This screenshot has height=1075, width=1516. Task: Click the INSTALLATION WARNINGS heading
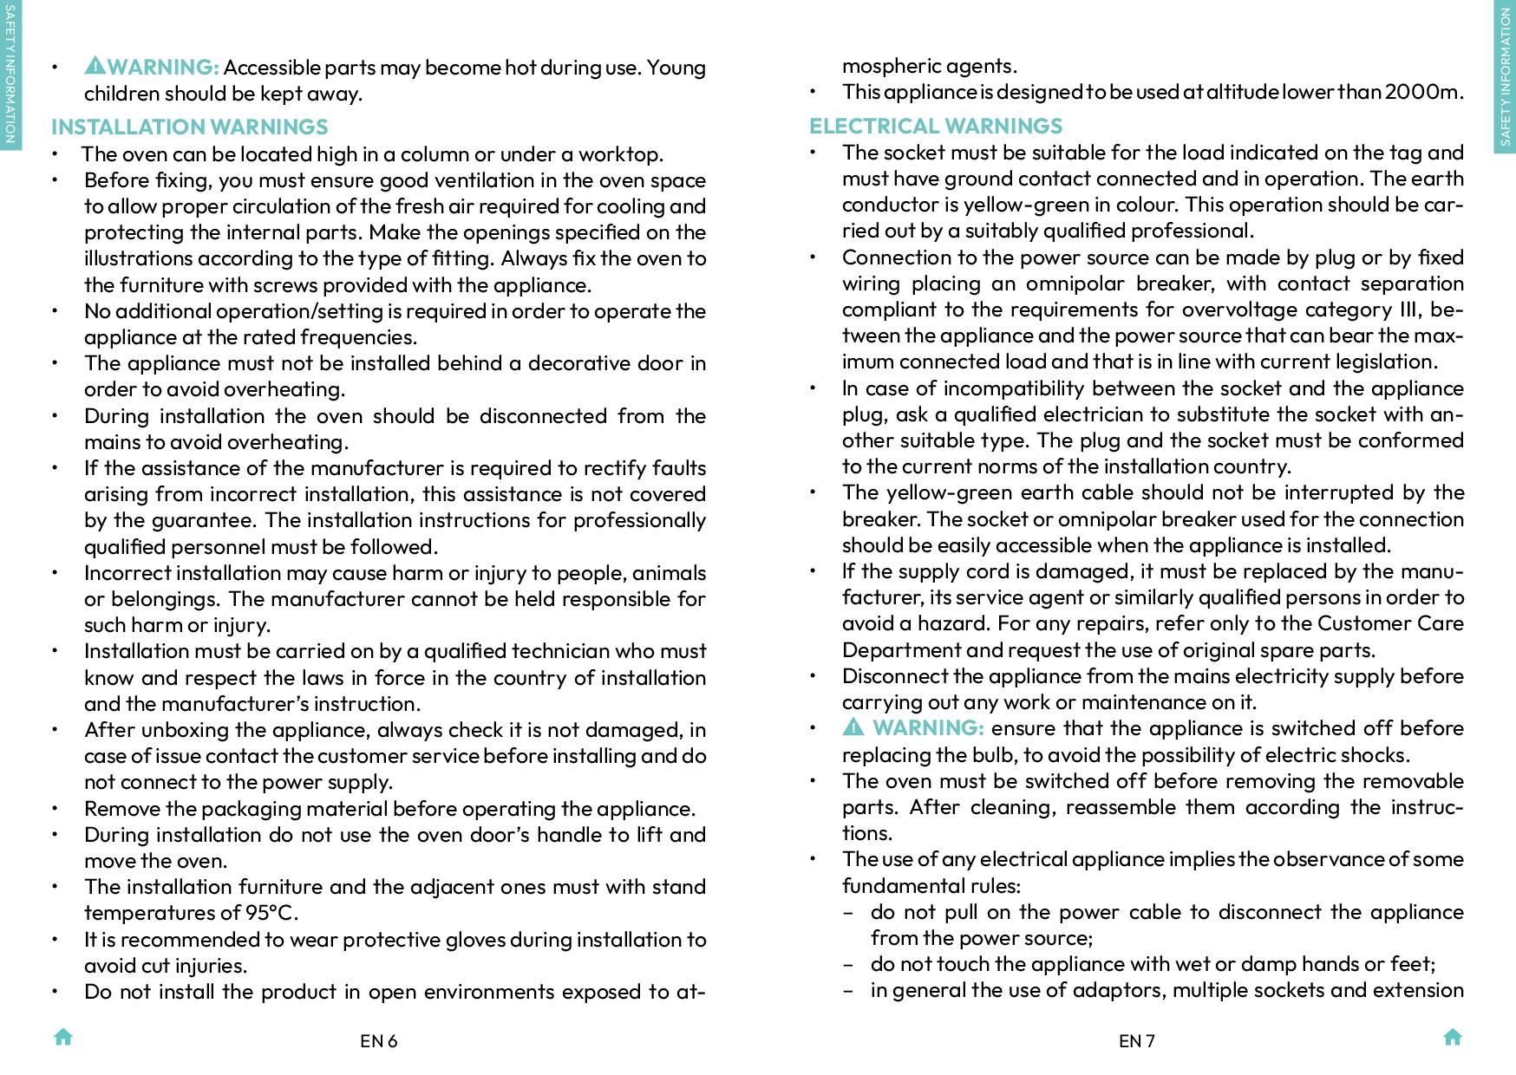pyautogui.click(x=189, y=127)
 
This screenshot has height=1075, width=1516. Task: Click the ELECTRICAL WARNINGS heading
pyautogui.click(x=936, y=126)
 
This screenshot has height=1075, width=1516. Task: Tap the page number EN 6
pyautogui.click(x=378, y=1041)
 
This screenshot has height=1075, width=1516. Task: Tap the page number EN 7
pyautogui.click(x=1136, y=1041)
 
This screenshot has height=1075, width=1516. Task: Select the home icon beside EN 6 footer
pyautogui.click(x=63, y=1037)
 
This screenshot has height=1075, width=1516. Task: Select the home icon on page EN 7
pyautogui.click(x=1453, y=1037)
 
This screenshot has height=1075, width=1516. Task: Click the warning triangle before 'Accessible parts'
pyautogui.click(x=95, y=65)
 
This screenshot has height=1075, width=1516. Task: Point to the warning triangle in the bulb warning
pyautogui.click(x=853, y=727)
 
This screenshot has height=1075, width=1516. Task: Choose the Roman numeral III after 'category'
pyautogui.click(x=1409, y=309)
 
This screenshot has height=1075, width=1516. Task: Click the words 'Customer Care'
pyautogui.click(x=1390, y=623)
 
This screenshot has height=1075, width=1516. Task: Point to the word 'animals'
pyautogui.click(x=669, y=573)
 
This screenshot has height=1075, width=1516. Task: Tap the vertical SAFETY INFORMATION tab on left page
pyautogui.click(x=10, y=75)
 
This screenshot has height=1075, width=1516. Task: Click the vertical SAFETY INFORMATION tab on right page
pyautogui.click(x=1506, y=77)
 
